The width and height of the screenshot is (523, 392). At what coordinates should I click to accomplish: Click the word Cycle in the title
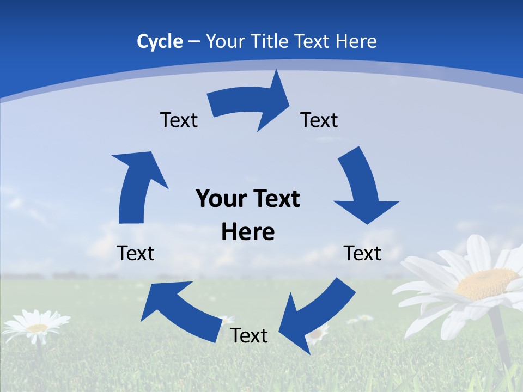coord(160,41)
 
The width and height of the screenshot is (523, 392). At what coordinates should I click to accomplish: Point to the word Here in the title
coord(355,41)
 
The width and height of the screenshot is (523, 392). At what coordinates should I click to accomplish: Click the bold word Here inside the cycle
coord(248,232)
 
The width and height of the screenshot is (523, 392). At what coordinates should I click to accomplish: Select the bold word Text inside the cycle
coord(275,199)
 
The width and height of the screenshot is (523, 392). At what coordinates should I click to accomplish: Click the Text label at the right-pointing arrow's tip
coord(319,120)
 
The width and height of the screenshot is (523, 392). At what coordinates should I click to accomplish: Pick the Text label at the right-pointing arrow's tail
coord(179,120)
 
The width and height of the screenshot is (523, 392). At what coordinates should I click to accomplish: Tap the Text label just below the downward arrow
coord(362,253)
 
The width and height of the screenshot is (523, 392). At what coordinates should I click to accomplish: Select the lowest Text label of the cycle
coord(249,336)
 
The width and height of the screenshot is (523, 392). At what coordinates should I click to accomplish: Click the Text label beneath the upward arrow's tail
coord(136,253)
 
